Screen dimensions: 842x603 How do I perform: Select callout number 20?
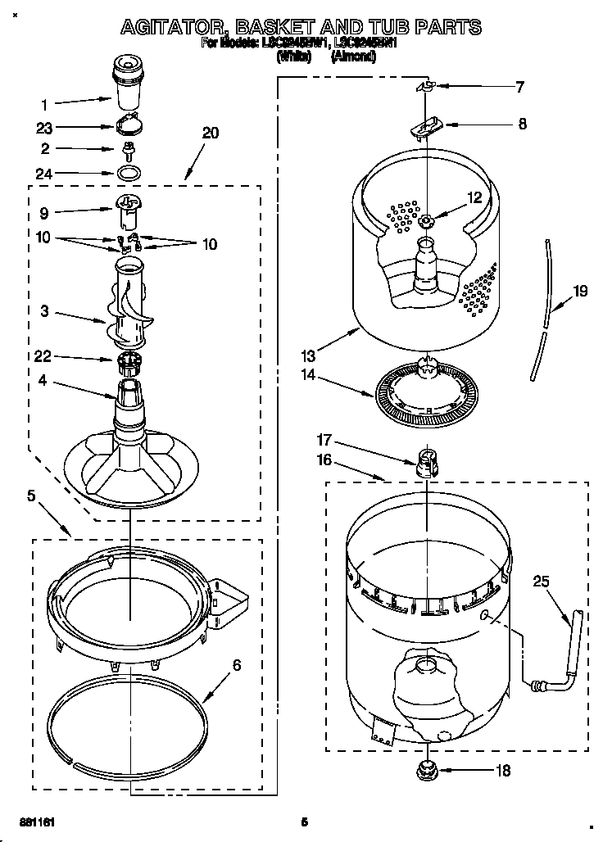pos(211,134)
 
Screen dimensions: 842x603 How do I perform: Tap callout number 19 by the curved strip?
pos(580,290)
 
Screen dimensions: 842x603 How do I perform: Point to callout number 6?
pos(237,665)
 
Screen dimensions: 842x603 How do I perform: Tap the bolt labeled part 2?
pos(128,149)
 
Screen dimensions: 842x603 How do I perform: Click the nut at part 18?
pos(427,769)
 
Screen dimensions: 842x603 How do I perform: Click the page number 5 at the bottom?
pos(303,822)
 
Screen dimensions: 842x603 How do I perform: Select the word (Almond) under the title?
pos(353,57)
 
